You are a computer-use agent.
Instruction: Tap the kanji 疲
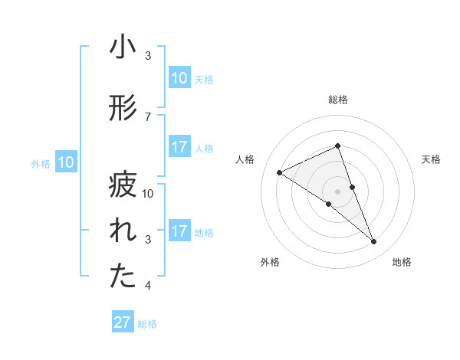coord(123,185)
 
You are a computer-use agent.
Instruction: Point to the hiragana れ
coord(123,232)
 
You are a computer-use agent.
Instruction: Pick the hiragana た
coord(123,277)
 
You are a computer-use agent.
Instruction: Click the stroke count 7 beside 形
coord(148,116)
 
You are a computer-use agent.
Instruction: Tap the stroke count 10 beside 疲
coord(149,194)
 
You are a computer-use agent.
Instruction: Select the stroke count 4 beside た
coord(148,286)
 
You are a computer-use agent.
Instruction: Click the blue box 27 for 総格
coord(123,322)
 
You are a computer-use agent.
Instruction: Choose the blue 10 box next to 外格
coord(66,162)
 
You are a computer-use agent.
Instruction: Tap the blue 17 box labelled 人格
coord(179,147)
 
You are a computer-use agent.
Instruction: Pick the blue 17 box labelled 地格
coord(179,231)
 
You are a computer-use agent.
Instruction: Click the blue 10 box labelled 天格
coord(179,78)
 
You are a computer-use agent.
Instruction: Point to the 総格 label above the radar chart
coord(338,100)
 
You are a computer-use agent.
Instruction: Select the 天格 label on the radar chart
coord(431,159)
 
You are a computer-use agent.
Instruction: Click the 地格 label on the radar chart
coord(402,262)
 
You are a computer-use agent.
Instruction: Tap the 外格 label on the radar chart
coord(270,262)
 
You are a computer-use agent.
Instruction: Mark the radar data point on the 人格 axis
coord(280,172)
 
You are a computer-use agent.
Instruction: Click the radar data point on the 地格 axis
coord(374,241)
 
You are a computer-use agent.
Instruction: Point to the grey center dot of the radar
coord(338,191)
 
